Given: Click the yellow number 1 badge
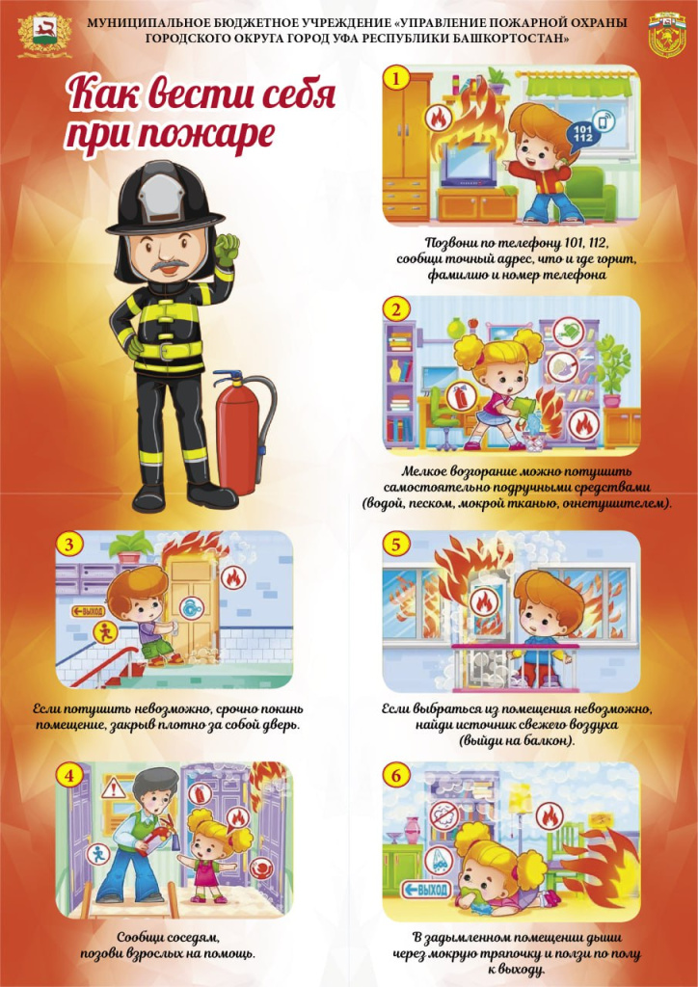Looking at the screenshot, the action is [x=396, y=79].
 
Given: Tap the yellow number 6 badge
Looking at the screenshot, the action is [x=396, y=777].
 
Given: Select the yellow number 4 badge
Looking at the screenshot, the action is [x=69, y=777].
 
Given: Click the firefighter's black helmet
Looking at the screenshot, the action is [x=165, y=199].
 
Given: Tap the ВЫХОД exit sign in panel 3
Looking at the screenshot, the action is [x=89, y=610].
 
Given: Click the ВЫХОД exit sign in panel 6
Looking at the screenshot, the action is [x=426, y=890].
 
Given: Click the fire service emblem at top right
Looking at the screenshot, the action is [x=667, y=36].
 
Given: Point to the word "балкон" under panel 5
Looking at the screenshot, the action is [x=545, y=741].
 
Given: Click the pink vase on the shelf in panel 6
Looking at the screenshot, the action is [x=413, y=830].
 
